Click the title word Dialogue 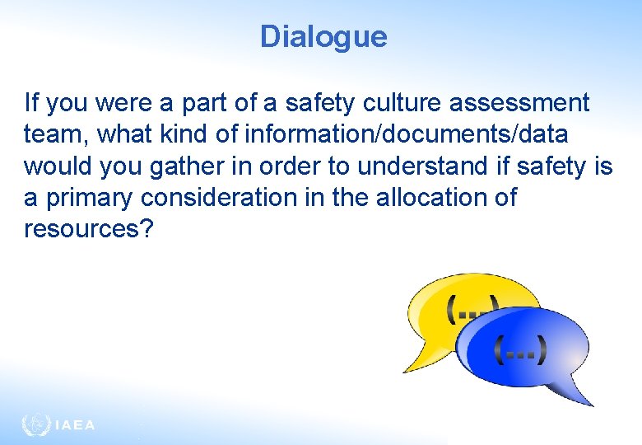pyautogui.click(x=323, y=36)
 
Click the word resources pyautogui.click(x=81, y=229)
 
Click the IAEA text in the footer pyautogui.click(x=75, y=426)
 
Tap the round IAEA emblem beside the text pyautogui.click(x=35, y=425)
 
